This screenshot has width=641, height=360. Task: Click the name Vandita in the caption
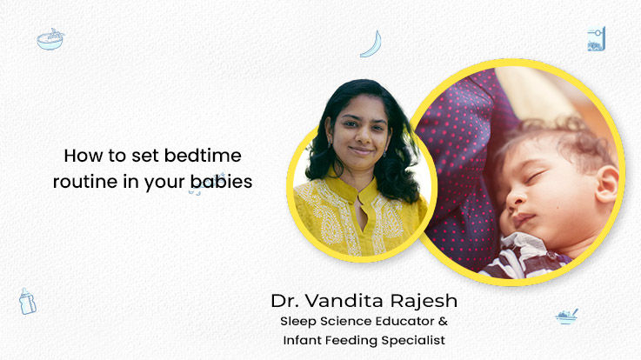345,301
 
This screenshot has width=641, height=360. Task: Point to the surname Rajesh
424,301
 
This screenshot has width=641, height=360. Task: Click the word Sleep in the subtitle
298,322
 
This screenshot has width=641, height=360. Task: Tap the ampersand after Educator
443,321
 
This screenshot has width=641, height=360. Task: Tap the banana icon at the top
372,44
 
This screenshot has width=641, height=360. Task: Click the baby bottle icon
27,301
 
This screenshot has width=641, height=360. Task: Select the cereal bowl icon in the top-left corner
50,39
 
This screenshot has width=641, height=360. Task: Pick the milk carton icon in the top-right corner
597,39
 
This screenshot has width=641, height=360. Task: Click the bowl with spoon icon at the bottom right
566,317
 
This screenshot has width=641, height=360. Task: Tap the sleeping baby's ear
607,184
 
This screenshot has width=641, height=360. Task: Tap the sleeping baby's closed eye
536,177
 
